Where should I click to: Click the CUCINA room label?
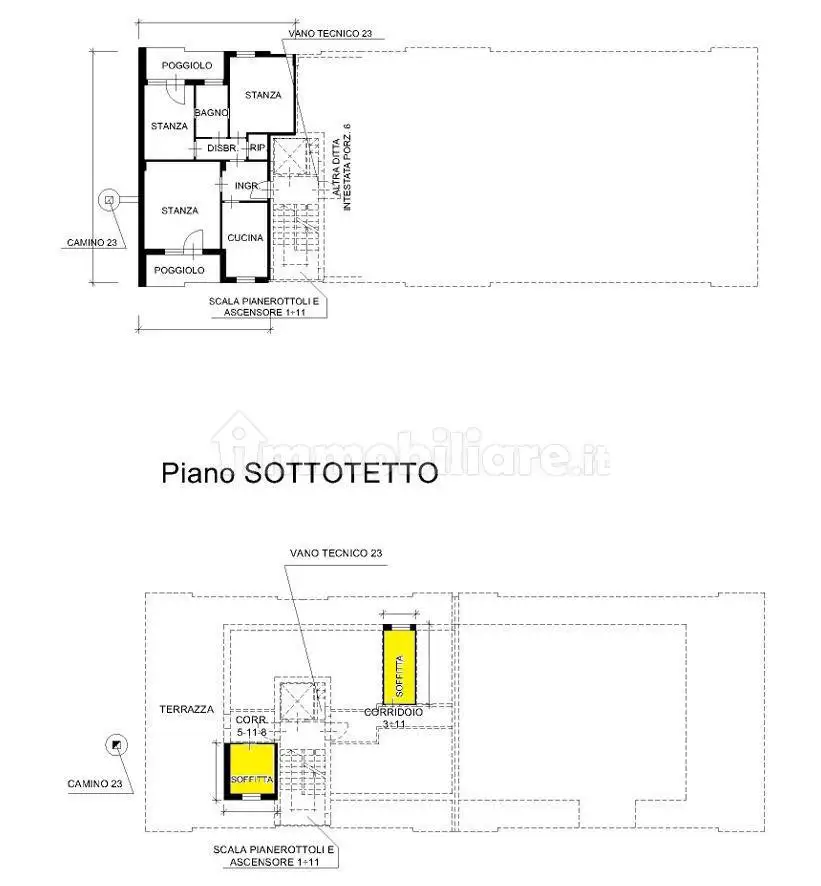245,238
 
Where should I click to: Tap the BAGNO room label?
212,113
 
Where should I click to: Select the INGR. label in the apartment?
247,186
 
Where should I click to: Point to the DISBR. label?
222,149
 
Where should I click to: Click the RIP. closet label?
257,149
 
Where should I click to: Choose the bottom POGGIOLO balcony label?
180,270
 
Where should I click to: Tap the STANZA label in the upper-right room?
262,95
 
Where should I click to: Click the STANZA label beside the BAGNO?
169,126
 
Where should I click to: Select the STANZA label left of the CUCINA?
180,211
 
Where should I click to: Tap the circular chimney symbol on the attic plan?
117,744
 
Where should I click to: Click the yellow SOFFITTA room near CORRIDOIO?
400,664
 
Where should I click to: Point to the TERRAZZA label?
187,709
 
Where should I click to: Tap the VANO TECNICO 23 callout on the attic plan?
336,553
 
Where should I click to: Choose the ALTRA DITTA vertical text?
337,168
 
